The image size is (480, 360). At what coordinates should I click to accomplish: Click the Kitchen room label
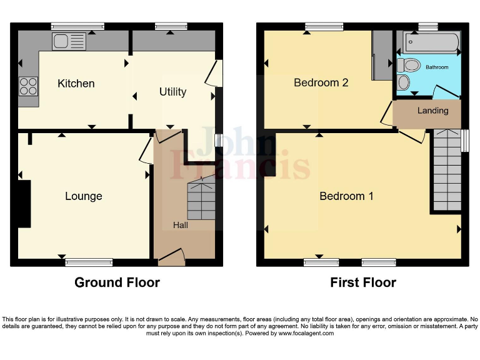coord(76,83)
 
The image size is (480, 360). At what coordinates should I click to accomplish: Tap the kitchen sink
coord(69,42)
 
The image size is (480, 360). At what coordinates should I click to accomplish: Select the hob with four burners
coord(28,86)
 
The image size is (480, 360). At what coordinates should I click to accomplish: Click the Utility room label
coord(172,92)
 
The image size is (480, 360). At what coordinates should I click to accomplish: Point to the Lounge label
coord(83,196)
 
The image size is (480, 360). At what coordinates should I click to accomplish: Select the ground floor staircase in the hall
coord(201,200)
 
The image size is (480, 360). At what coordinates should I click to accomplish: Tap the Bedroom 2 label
coord(321,82)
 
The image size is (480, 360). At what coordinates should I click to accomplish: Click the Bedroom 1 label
coord(346,196)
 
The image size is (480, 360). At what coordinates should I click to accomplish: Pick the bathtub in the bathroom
coord(431,43)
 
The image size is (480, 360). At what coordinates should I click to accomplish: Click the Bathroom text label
coord(437,67)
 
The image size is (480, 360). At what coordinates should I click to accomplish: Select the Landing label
coord(432,111)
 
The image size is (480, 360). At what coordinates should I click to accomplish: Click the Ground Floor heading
coord(117,282)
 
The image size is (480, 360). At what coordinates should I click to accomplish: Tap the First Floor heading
coord(363,282)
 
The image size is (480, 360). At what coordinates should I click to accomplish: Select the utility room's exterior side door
coord(214,72)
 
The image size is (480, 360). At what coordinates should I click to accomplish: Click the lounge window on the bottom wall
coord(89,262)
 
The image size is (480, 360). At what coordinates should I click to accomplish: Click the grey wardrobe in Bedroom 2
coord(381,56)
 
